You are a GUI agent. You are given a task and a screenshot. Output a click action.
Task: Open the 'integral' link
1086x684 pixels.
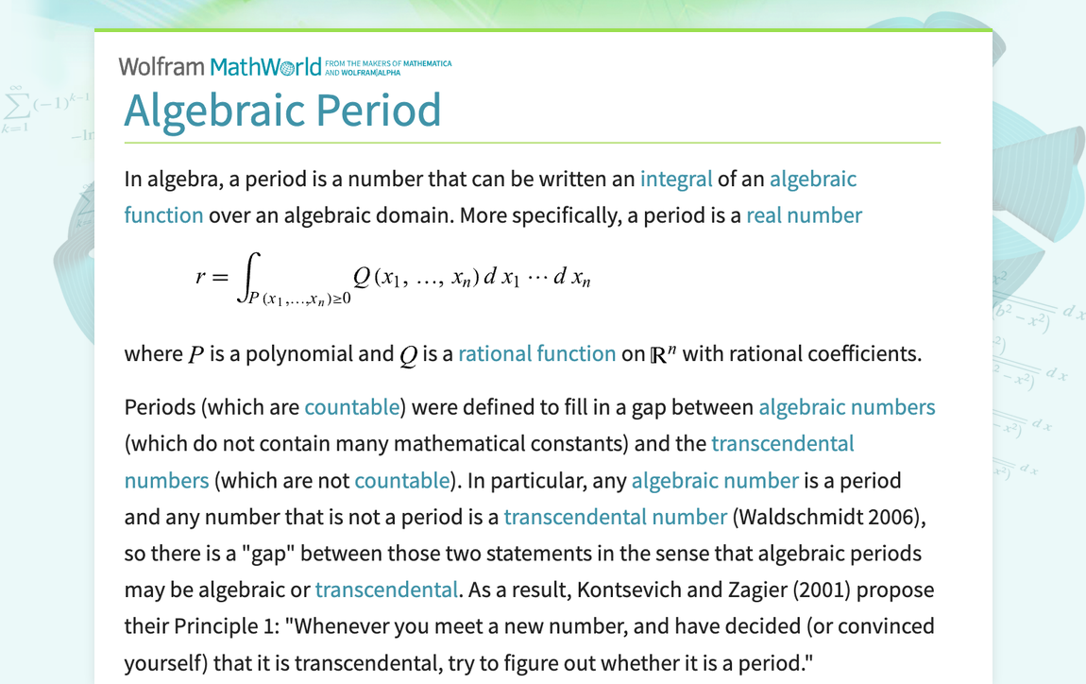click(x=676, y=179)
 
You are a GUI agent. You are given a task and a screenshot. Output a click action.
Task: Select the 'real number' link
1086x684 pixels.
click(x=804, y=215)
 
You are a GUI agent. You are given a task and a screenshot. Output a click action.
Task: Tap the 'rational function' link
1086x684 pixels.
click(x=536, y=354)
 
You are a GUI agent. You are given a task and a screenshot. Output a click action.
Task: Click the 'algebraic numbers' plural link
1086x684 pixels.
click(x=846, y=407)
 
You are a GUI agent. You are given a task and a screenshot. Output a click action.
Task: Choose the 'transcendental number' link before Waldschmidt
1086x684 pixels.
click(x=616, y=517)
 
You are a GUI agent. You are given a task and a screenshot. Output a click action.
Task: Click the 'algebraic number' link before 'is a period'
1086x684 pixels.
click(x=715, y=480)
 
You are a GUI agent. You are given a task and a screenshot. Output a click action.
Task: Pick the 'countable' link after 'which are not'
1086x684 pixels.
click(x=402, y=480)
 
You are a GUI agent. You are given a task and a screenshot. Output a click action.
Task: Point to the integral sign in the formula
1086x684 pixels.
click(x=248, y=278)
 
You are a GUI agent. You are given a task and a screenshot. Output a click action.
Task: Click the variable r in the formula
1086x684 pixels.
click(x=200, y=277)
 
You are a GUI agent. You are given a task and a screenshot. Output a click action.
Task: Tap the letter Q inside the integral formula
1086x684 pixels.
click(x=362, y=277)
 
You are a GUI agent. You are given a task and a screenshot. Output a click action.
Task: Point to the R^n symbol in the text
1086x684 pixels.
click(x=663, y=354)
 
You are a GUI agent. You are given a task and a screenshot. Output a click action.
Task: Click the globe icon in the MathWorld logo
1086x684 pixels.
click(x=286, y=68)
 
